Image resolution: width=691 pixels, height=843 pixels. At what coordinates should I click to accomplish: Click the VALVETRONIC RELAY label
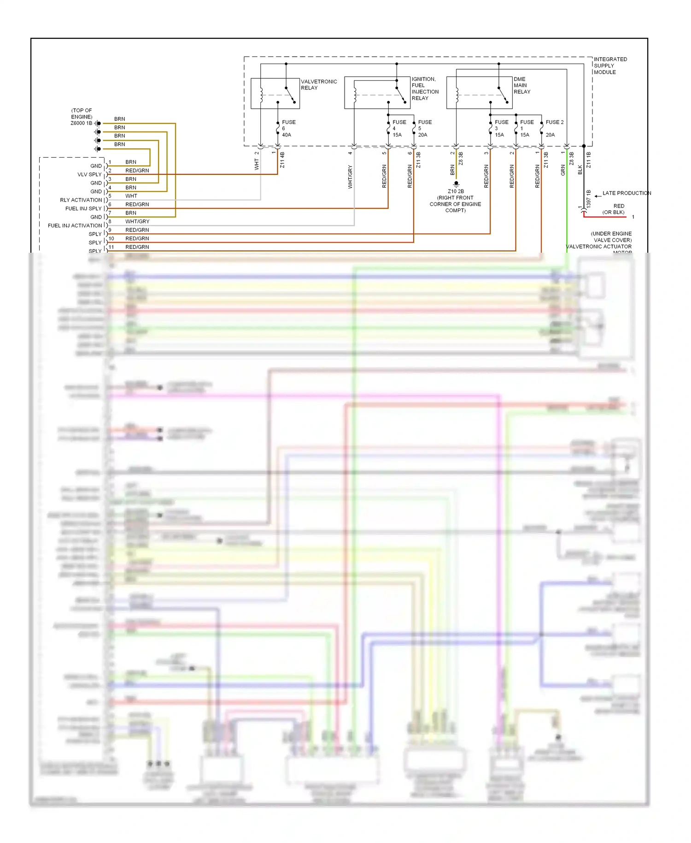coord(318,85)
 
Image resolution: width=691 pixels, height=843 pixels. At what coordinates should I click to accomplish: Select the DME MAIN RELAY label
coord(521,85)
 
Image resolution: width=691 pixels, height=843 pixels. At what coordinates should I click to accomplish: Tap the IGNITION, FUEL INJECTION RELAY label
coord(425,89)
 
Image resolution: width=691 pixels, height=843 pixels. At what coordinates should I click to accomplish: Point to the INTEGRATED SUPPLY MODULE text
coord(609,65)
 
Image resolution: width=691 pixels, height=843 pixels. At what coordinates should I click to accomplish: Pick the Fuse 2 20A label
coord(554,128)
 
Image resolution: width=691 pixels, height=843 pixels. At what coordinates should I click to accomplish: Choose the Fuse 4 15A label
coord(398,129)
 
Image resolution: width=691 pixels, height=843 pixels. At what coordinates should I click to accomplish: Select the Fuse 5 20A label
coord(424,129)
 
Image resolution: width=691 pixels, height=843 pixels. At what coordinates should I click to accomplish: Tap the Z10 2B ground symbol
coord(456,184)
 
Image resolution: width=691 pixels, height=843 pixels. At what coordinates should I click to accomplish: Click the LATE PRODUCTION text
coord(626,193)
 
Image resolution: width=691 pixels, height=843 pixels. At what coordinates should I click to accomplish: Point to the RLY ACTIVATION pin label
coord(81,200)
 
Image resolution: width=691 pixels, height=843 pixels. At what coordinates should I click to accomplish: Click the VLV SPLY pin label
coord(89,175)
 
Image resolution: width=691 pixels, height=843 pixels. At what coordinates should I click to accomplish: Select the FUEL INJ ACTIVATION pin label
coord(75,226)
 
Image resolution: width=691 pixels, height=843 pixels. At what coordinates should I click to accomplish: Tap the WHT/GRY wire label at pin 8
coord(137,222)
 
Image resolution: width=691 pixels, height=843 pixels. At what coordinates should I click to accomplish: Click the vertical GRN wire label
coord(563,170)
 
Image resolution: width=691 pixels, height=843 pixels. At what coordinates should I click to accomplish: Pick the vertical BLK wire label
coord(580,170)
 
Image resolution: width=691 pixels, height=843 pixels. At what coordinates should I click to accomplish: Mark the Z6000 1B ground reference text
coord(81,123)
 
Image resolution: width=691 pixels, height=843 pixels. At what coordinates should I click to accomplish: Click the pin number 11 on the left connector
coord(111,247)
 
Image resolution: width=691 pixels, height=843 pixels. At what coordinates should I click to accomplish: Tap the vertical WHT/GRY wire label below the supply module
coord(350,177)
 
